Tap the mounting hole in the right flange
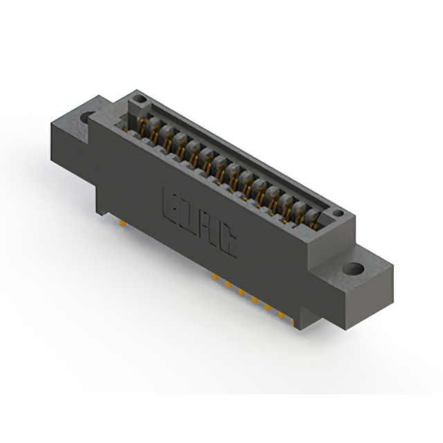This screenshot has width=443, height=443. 354,268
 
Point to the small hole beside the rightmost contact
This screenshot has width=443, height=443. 336,214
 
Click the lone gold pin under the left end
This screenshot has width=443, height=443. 122,224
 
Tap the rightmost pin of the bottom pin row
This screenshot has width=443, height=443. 282,316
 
